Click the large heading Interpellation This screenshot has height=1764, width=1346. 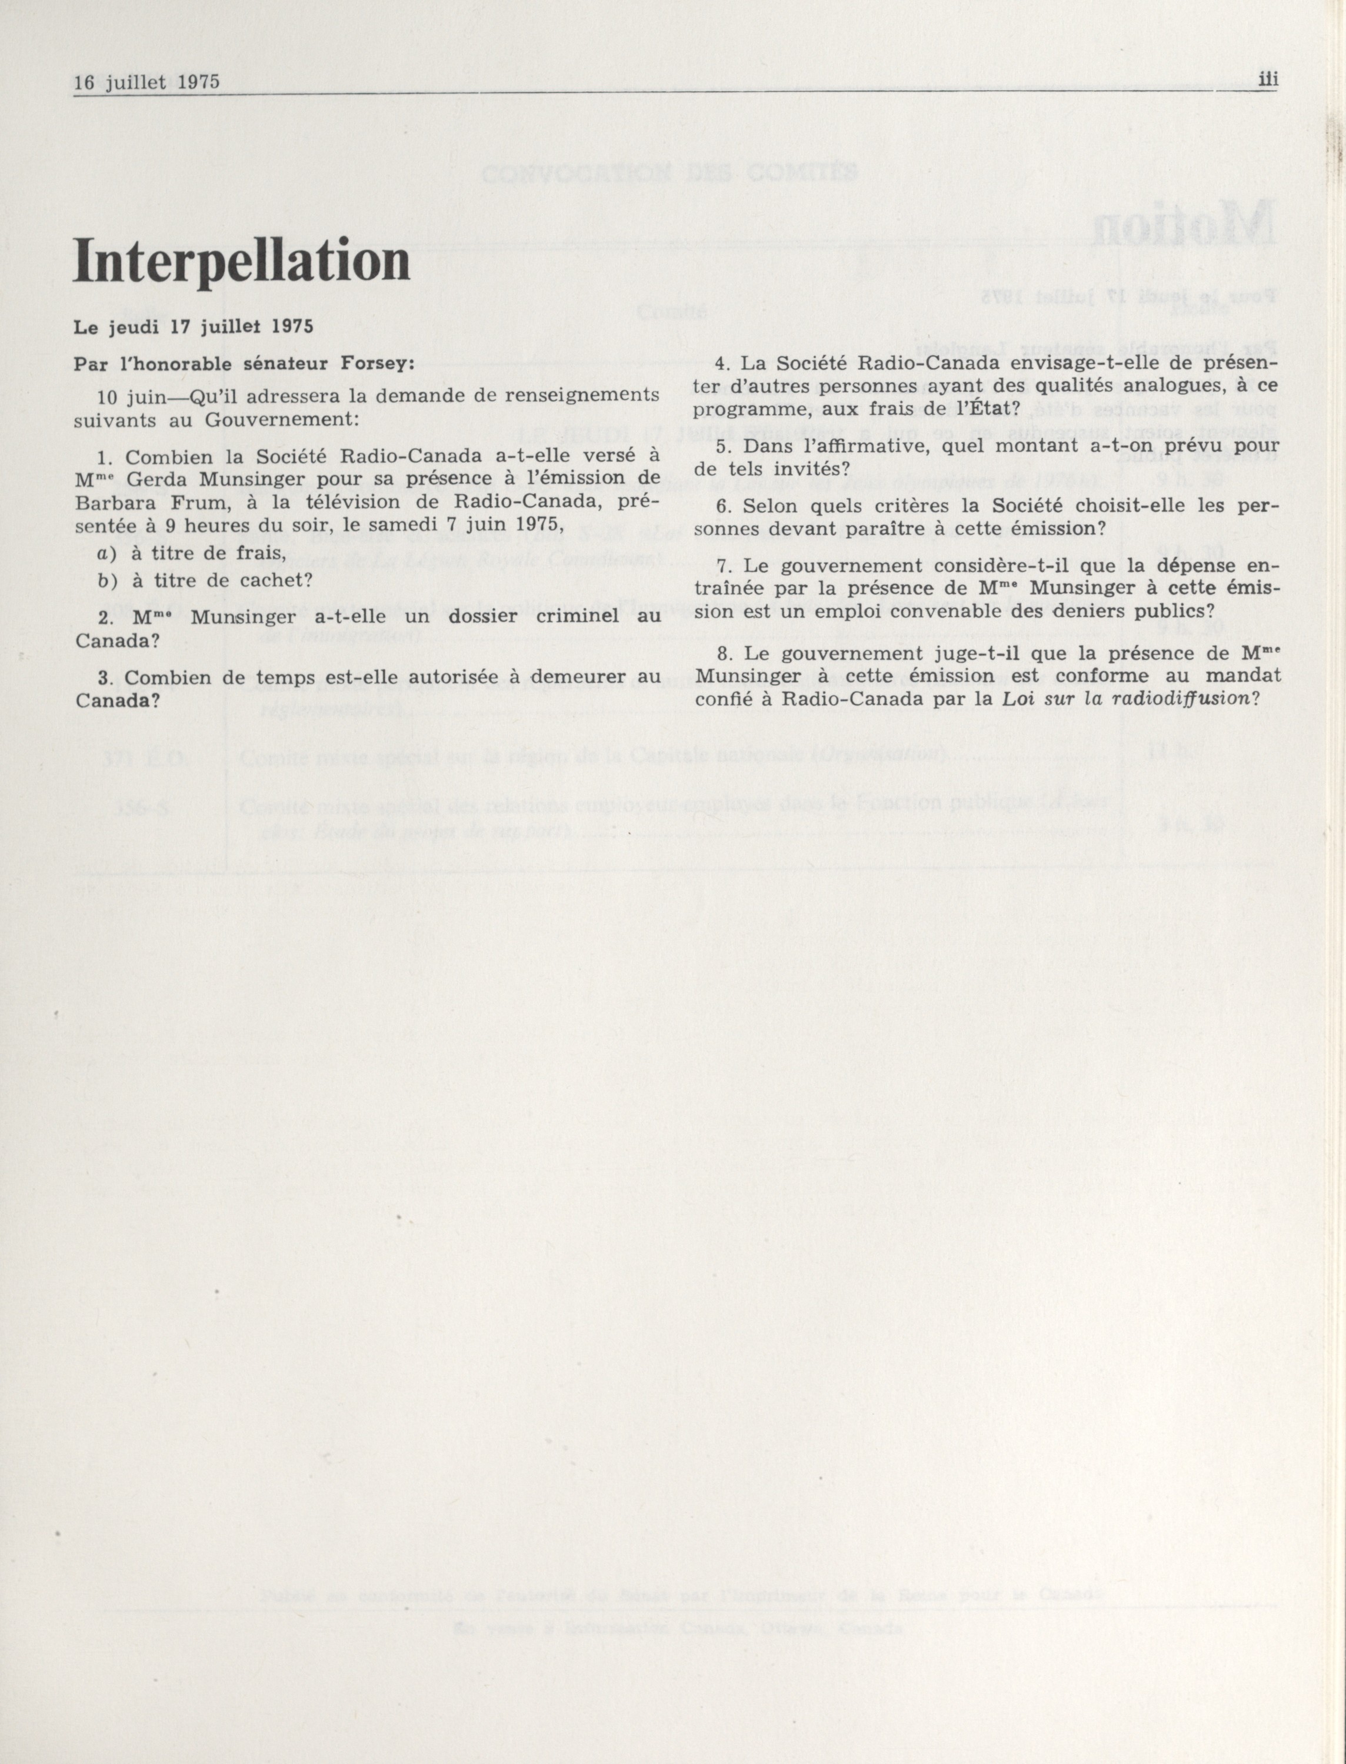[241, 261]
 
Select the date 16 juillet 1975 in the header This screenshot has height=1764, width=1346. [146, 82]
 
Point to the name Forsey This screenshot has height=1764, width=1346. [381, 363]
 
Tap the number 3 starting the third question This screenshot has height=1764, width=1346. [102, 678]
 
